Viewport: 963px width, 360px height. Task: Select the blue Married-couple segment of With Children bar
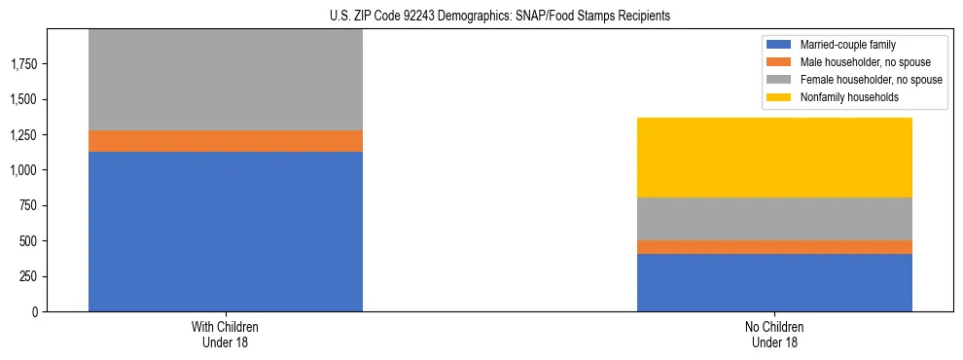click(x=226, y=232)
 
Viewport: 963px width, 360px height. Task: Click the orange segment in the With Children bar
click(x=226, y=141)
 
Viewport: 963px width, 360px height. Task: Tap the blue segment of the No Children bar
click(x=774, y=282)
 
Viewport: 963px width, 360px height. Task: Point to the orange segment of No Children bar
click(x=774, y=247)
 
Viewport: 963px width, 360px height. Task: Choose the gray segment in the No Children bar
click(x=774, y=219)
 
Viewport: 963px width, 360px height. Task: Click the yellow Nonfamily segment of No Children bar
click(x=774, y=158)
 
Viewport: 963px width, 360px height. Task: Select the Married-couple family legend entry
click(x=845, y=45)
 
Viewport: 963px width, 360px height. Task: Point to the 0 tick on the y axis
click(x=35, y=311)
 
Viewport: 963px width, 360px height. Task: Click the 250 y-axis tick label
click(x=28, y=276)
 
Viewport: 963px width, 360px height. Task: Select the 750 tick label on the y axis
click(x=28, y=205)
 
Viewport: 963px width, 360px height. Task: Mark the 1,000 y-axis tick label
click(x=24, y=170)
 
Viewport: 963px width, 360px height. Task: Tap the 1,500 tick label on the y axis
click(x=24, y=99)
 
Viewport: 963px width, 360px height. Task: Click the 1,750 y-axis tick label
click(x=24, y=64)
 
